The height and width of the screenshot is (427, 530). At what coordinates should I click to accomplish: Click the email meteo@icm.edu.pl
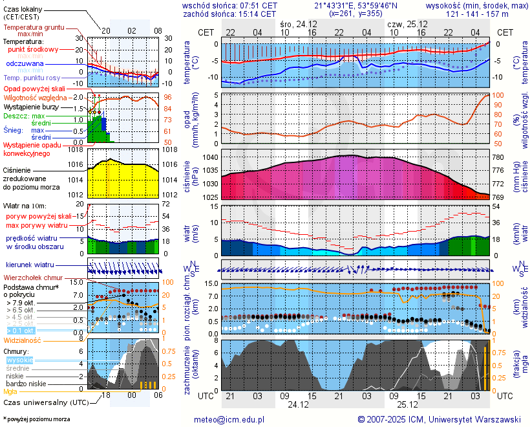point(229,419)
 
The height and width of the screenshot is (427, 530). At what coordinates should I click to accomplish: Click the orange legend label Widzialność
point(23,340)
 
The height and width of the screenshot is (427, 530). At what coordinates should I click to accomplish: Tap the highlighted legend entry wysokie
point(19,360)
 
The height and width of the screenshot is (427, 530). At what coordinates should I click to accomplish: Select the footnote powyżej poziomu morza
point(37,419)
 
